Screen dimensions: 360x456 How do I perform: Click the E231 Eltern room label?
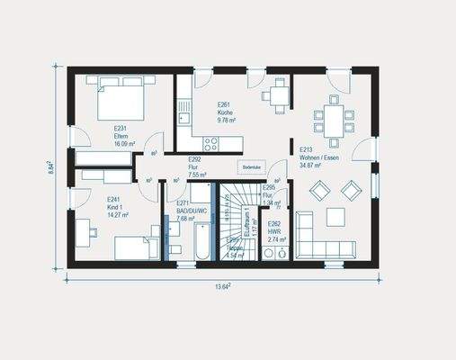[x=123, y=137]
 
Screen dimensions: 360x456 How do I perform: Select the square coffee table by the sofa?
[x=335, y=216]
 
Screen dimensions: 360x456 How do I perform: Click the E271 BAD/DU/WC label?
[x=188, y=212]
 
